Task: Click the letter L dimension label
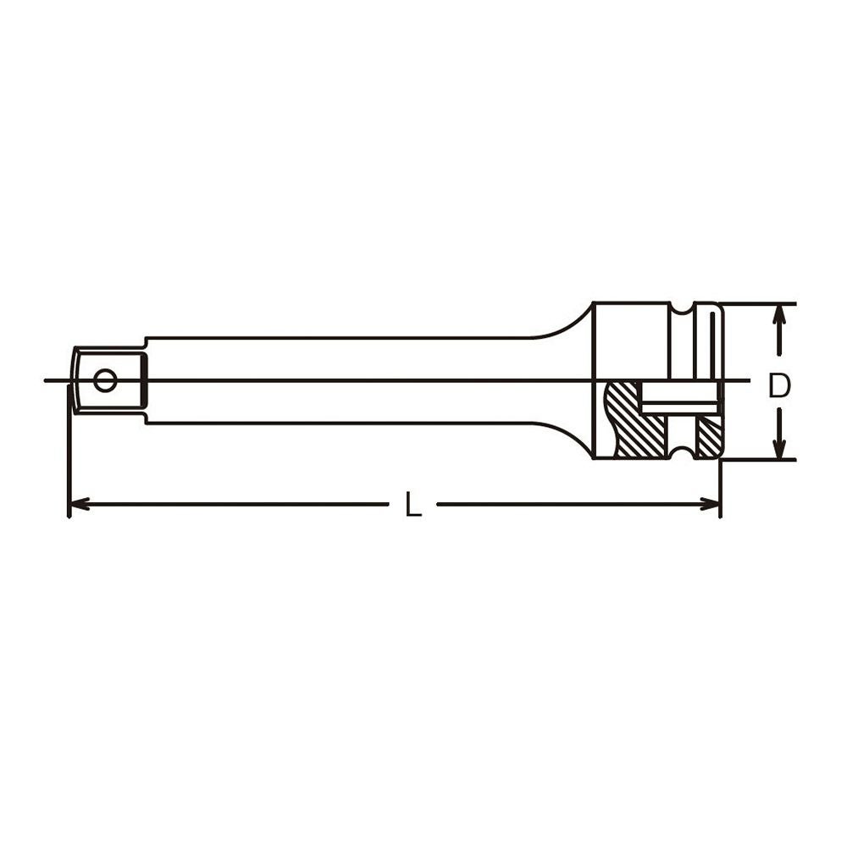point(413,505)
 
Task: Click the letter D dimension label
point(779,385)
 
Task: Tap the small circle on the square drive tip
point(104,380)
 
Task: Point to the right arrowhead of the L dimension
point(710,505)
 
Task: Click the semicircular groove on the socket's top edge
point(682,308)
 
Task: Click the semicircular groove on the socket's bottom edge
point(682,453)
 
